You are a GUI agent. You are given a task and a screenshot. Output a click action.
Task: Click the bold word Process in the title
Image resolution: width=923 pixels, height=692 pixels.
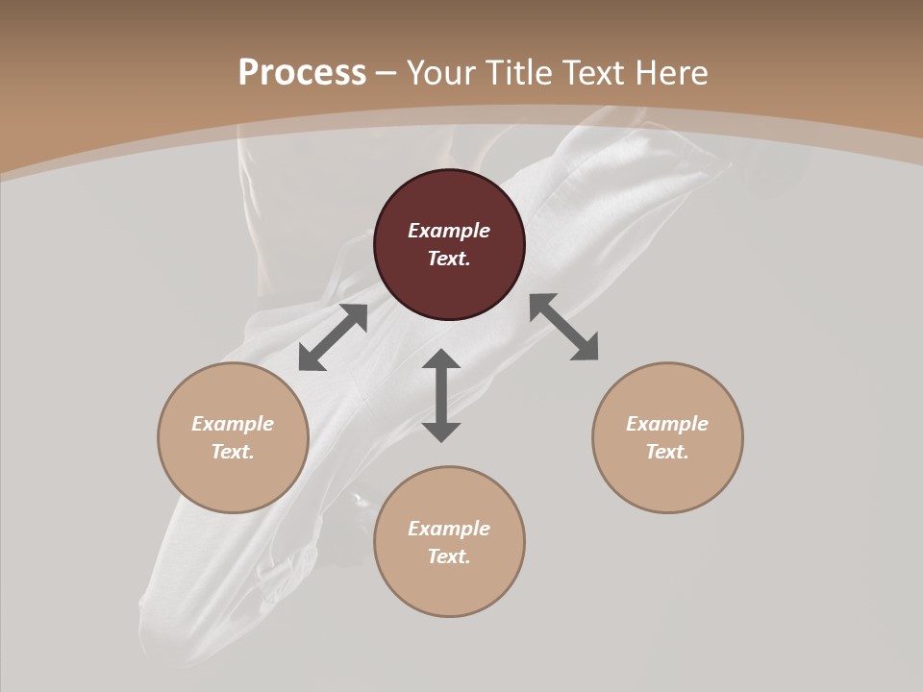click(x=302, y=73)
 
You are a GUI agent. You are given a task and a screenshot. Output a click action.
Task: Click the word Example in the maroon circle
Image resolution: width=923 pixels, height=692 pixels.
click(x=449, y=231)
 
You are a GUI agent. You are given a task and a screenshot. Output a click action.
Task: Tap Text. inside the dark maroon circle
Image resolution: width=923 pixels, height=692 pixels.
click(x=449, y=259)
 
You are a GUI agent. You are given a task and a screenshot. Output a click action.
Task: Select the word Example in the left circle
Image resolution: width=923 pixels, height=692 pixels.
click(x=233, y=424)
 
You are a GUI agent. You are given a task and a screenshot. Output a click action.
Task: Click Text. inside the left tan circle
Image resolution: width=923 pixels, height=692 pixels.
click(x=233, y=452)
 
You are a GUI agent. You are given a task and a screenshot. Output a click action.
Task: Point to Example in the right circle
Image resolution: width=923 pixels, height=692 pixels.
click(x=667, y=424)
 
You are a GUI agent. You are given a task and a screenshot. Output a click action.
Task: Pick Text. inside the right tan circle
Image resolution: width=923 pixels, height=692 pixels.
click(x=667, y=452)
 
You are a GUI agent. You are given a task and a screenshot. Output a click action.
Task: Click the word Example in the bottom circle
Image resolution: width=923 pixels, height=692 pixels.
click(x=449, y=529)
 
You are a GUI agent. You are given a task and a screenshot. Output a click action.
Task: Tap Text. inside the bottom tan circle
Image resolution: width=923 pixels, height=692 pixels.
click(x=449, y=556)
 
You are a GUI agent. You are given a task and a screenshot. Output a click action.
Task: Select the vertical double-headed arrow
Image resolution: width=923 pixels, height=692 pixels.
click(x=441, y=395)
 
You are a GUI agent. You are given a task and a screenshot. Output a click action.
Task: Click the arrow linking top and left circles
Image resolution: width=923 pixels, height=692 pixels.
click(x=333, y=337)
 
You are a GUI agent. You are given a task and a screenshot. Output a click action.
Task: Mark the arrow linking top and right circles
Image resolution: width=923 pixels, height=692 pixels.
click(x=564, y=327)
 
